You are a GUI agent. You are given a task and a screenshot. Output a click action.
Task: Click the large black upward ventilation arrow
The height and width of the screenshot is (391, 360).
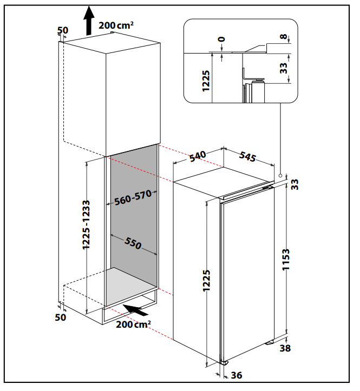[x=88, y=22]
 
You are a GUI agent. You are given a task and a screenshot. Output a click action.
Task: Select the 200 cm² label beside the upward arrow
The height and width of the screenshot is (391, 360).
[x=116, y=25]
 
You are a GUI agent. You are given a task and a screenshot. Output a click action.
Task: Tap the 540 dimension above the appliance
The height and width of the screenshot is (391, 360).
[x=198, y=156]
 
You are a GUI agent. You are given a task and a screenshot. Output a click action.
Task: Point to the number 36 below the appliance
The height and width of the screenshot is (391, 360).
[x=237, y=374]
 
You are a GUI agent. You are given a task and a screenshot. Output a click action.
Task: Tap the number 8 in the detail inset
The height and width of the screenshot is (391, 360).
[x=284, y=37]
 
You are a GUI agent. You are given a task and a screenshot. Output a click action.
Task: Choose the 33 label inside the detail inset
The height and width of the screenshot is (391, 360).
[x=283, y=67]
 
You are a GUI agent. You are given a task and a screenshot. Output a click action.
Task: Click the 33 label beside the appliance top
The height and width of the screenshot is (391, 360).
[x=294, y=184]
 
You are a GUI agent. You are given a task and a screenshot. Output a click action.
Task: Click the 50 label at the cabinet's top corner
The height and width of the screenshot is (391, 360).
[x=62, y=30]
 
